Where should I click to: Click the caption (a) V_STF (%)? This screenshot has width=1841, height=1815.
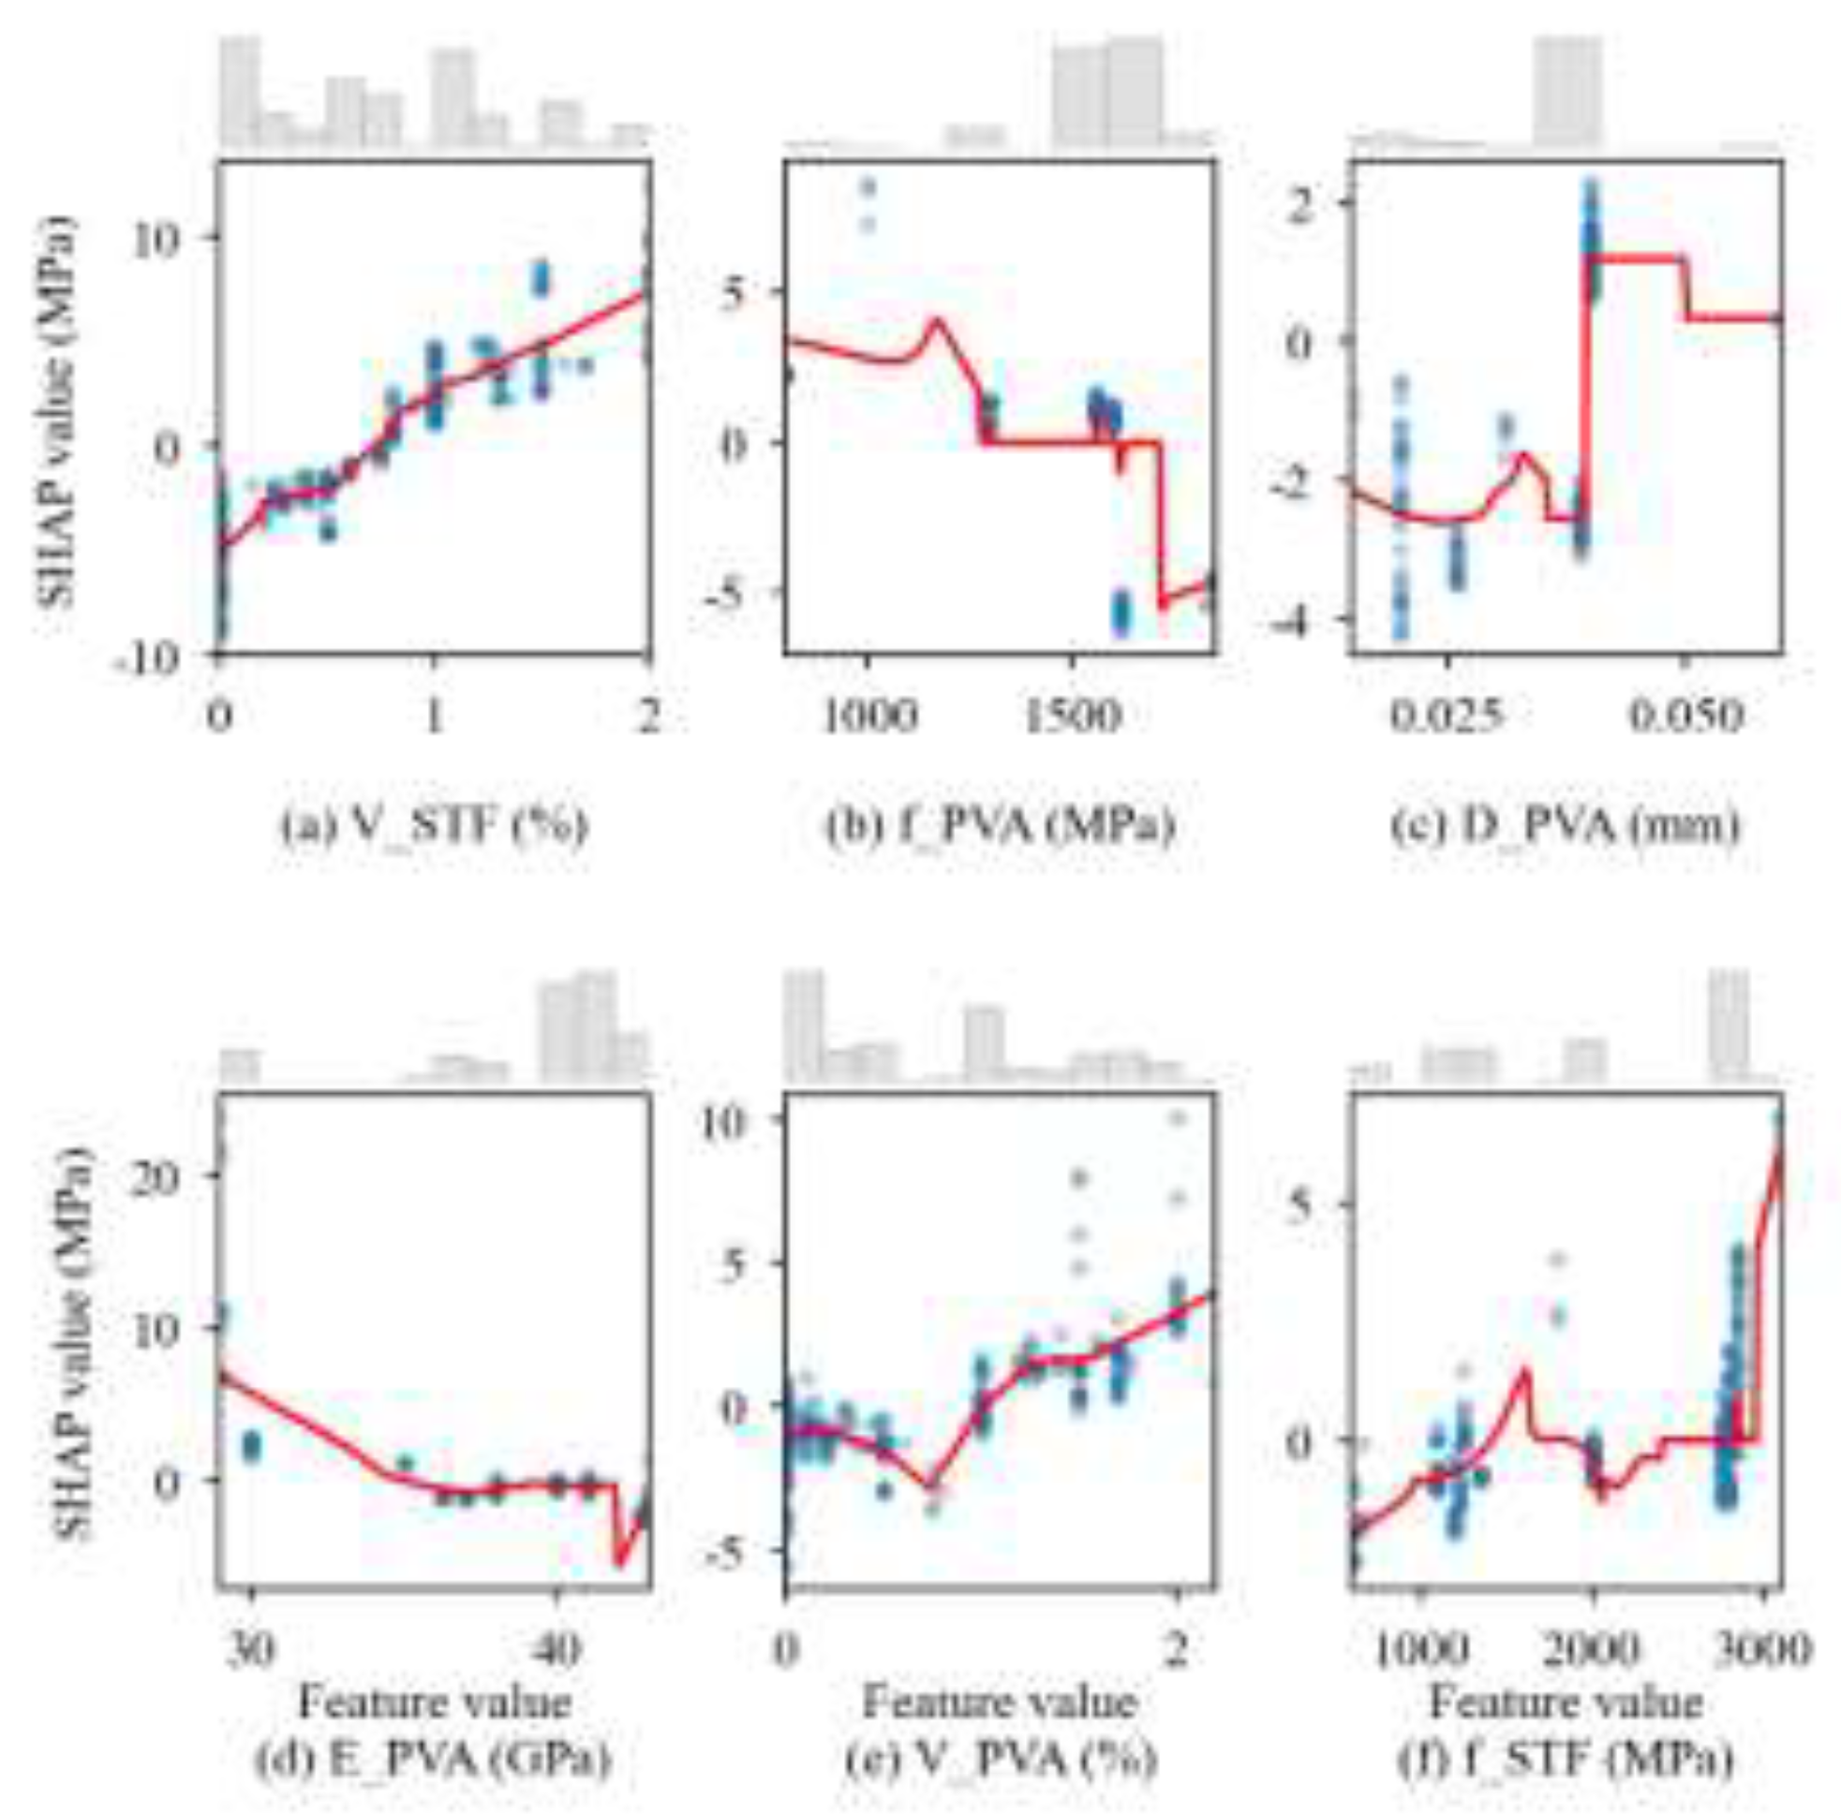(x=434, y=826)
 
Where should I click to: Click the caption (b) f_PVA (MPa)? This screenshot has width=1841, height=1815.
(x=1000, y=826)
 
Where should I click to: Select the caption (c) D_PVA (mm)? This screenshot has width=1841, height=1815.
(x=1565, y=826)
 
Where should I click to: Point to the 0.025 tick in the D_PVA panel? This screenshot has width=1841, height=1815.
(x=1446, y=715)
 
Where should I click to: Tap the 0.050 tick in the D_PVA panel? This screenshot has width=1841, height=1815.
(x=1685, y=715)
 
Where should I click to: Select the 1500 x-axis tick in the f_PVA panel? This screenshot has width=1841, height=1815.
(x=1073, y=715)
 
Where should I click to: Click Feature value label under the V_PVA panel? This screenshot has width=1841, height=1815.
(x=1000, y=1702)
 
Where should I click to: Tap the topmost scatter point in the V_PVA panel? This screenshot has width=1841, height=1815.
(x=1178, y=1117)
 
